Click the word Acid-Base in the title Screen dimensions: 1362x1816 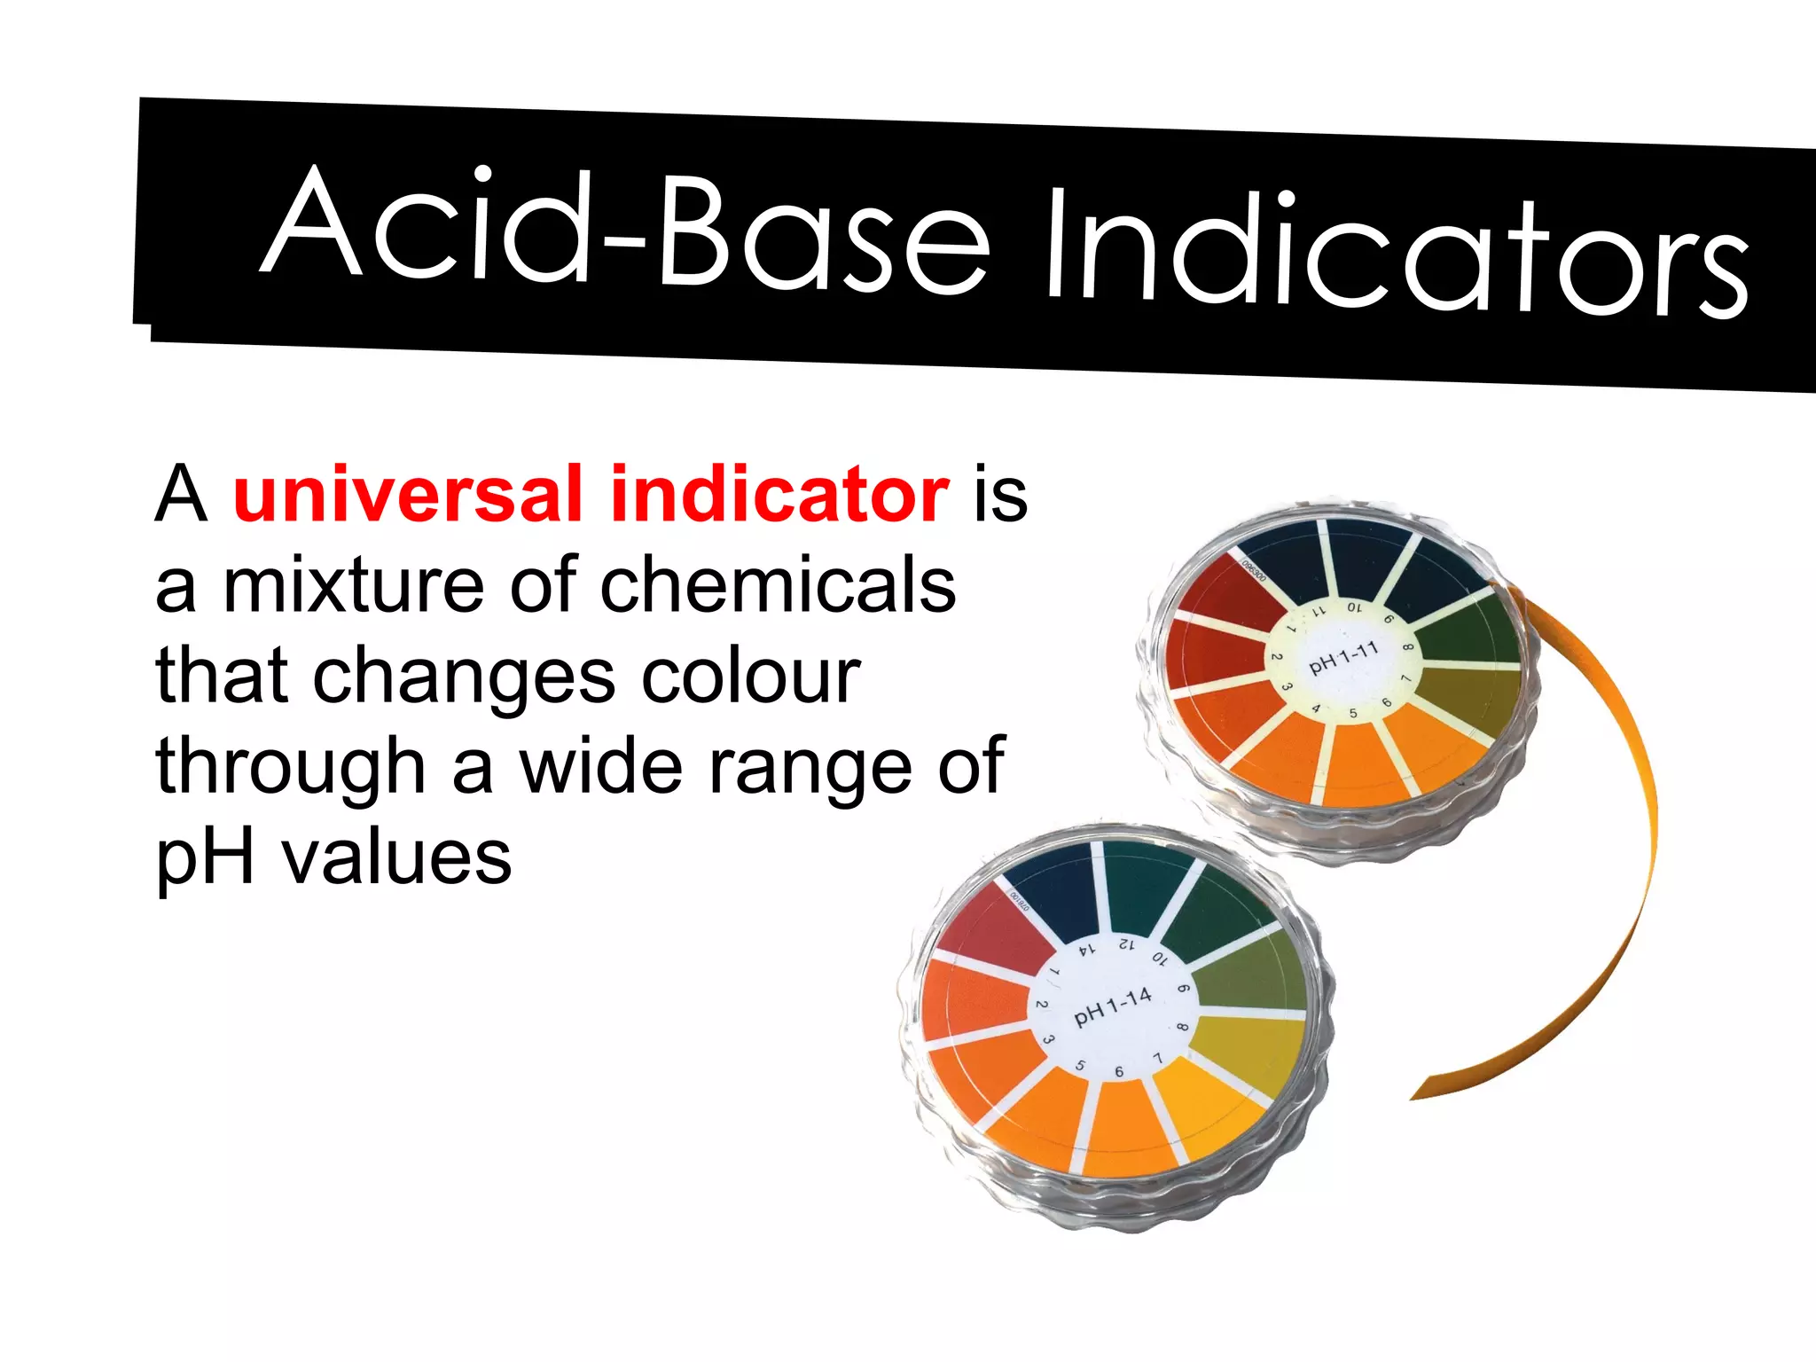click(625, 229)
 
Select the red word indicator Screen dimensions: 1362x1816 click(780, 494)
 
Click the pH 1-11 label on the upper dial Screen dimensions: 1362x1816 click(1344, 657)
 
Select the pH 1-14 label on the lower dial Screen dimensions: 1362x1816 click(1113, 1007)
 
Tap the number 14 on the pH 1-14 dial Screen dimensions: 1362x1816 click(1087, 949)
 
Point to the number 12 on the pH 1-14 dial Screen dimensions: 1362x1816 click(1126, 943)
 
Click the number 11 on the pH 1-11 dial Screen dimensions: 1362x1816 click(1319, 611)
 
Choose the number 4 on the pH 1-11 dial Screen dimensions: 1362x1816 click(1317, 708)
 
